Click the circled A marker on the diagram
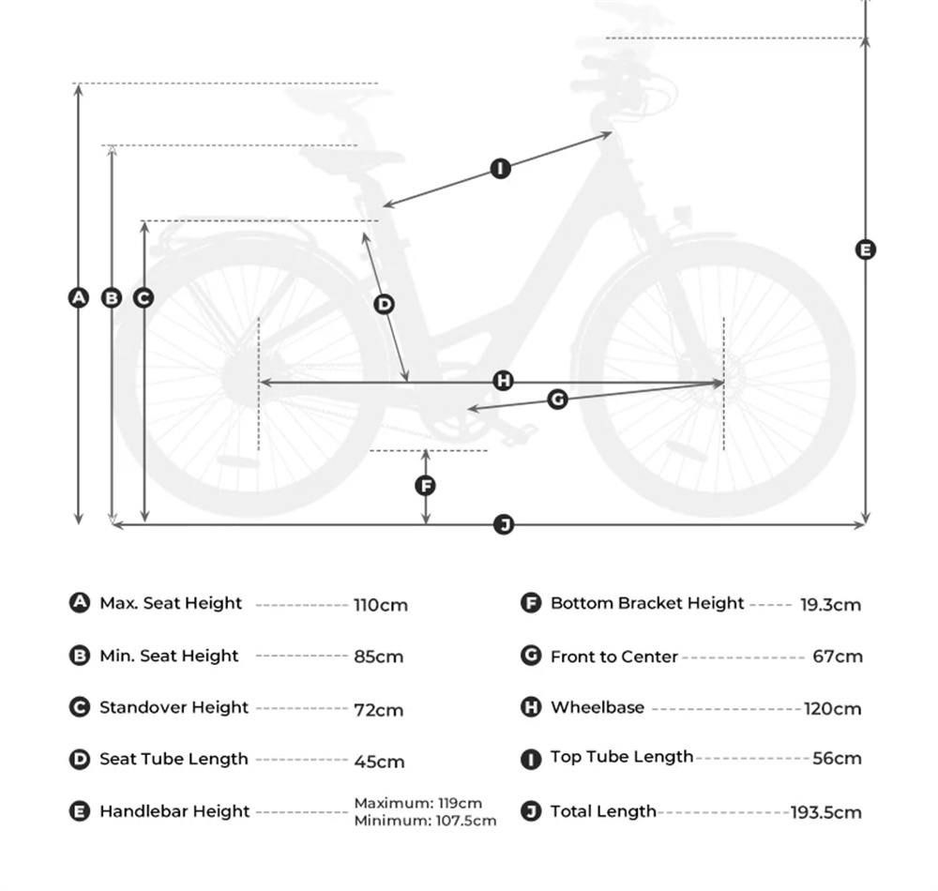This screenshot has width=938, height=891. pyautogui.click(x=79, y=297)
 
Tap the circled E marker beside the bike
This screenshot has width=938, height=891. pyautogui.click(x=866, y=249)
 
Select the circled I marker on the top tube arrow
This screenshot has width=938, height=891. pyautogui.click(x=501, y=169)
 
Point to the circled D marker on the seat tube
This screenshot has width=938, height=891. pyautogui.click(x=384, y=304)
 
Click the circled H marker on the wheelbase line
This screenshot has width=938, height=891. pyautogui.click(x=504, y=380)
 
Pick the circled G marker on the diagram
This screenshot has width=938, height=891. pyautogui.click(x=557, y=400)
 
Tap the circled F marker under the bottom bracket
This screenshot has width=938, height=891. pyautogui.click(x=426, y=485)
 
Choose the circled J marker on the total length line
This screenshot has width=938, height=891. pyautogui.click(x=504, y=524)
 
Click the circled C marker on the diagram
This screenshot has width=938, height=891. pyautogui.click(x=144, y=297)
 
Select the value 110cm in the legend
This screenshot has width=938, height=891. pyautogui.click(x=381, y=605)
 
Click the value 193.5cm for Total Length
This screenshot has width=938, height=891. pyautogui.click(x=825, y=812)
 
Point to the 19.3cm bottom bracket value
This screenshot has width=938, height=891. pyautogui.click(x=830, y=605)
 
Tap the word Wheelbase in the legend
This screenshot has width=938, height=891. pyautogui.click(x=598, y=707)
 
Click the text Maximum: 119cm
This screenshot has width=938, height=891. pyautogui.click(x=417, y=803)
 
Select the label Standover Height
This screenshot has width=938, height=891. pyautogui.click(x=174, y=707)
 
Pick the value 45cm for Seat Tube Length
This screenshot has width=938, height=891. pyautogui.click(x=379, y=761)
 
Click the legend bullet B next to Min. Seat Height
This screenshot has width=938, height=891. pyautogui.click(x=80, y=656)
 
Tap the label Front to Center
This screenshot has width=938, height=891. pyautogui.click(x=613, y=657)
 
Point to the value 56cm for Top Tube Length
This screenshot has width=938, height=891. pyautogui.click(x=837, y=758)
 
